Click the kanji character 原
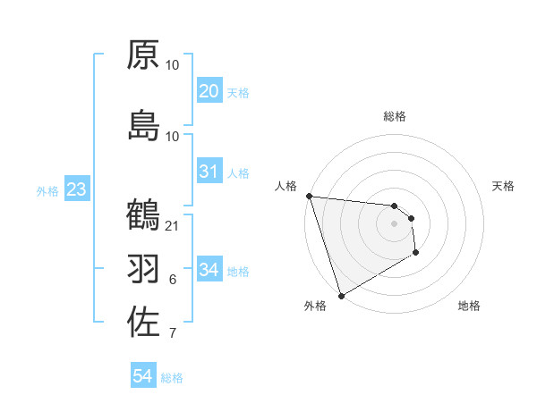tap(143, 55)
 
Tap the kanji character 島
tap(143, 125)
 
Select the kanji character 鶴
tap(143, 215)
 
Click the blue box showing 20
tap(209, 91)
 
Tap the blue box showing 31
tap(209, 172)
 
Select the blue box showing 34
tap(209, 270)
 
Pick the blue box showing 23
tap(76, 189)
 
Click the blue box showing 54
tap(143, 376)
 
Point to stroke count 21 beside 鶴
tap(173, 226)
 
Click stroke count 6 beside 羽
tap(173, 280)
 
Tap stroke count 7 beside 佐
tap(173, 333)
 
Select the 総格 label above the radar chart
tap(395, 116)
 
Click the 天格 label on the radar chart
tap(504, 186)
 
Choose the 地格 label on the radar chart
tap(469, 306)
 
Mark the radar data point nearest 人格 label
tap(308, 196)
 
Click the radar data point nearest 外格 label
tap(341, 295)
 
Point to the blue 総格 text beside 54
tap(172, 378)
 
